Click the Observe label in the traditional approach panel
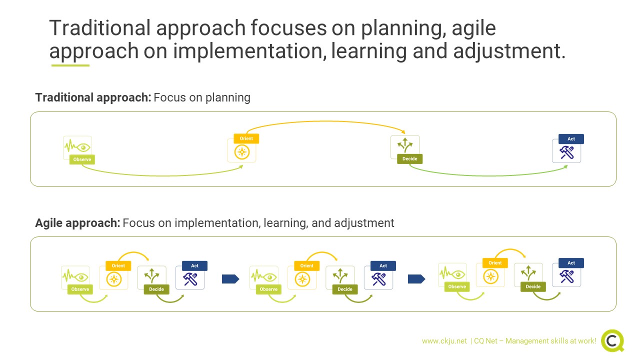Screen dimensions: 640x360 (82, 159)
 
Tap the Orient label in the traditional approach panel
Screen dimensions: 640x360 (246, 138)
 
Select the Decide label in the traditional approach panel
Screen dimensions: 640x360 (409, 159)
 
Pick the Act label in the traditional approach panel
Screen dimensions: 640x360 (571, 139)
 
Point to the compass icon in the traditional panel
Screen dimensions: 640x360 (241, 152)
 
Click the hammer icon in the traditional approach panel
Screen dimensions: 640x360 (566, 152)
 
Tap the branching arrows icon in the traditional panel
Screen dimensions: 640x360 (405, 145)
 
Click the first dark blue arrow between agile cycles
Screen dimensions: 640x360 (230, 279)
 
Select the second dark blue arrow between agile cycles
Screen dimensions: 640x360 (416, 279)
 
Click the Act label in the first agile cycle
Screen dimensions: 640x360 (194, 265)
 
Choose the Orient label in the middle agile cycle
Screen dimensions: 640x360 (306, 265)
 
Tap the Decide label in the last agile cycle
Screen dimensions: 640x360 (533, 286)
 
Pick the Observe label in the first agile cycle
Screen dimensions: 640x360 (80, 289)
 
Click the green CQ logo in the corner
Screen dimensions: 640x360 (612, 340)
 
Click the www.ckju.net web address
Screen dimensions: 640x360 (444, 341)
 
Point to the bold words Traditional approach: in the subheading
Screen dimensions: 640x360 (93, 97)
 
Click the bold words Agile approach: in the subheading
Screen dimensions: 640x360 (77, 223)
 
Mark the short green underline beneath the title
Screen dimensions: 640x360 (70, 65)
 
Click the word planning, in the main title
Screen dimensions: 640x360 (403, 28)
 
